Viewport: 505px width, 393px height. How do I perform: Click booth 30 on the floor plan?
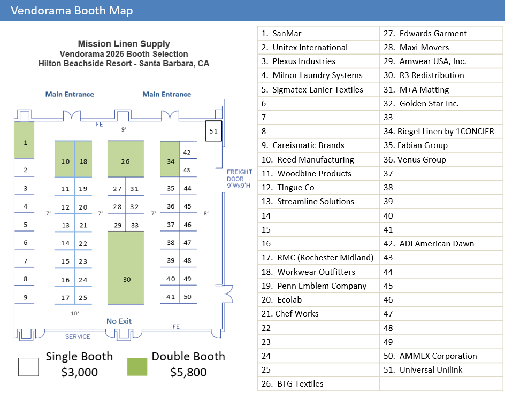[x=126, y=279]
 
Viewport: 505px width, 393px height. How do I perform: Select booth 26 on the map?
[x=125, y=161]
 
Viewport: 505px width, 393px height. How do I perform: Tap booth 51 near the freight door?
[x=213, y=131]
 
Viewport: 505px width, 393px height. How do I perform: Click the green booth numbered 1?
[x=25, y=143]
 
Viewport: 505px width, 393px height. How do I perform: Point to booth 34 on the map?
[x=171, y=161]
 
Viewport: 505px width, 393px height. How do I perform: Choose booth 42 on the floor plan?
[x=187, y=152]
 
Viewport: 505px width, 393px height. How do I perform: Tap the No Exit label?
[x=119, y=321]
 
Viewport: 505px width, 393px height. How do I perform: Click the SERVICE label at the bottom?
[x=78, y=337]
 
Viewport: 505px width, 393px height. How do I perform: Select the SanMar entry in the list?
[x=287, y=34]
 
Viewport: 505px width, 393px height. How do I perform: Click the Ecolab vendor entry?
[x=291, y=300]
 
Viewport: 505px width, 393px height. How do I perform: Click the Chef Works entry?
[x=296, y=314]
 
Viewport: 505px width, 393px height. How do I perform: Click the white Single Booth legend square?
[x=28, y=367]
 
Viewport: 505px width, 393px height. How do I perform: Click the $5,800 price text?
[x=188, y=372]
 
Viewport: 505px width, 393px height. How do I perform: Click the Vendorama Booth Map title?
[x=72, y=11]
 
